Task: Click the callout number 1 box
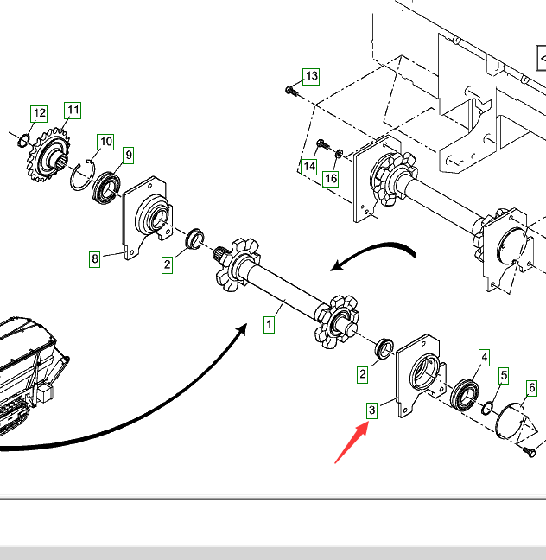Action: tap(269, 325)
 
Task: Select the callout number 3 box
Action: tap(371, 410)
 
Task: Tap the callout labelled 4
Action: tap(484, 357)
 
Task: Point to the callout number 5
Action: tap(504, 376)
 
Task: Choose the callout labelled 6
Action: tap(531, 389)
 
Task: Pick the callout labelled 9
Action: tap(128, 155)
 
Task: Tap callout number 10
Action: tap(105, 142)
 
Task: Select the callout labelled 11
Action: tap(73, 110)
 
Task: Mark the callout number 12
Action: tap(39, 113)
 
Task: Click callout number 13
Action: tap(311, 76)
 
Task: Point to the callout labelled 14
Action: tap(308, 166)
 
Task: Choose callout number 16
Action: tap(331, 179)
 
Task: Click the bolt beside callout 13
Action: tap(291, 89)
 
